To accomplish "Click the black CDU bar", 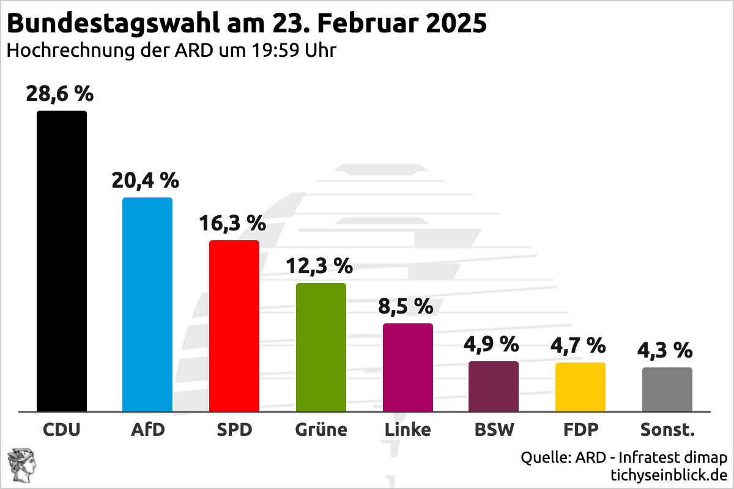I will (62, 261).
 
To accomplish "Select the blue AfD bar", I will (147, 304).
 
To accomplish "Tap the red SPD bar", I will (234, 326).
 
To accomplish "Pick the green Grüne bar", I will (321, 347).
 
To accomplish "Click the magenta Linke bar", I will (408, 367).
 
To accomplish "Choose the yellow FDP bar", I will (580, 387).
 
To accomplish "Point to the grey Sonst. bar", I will (667, 389).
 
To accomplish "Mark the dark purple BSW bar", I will (494, 386).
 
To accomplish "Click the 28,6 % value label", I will (59, 94).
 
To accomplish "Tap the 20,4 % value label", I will (145, 180).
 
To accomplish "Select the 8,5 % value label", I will (406, 306).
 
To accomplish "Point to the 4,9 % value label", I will (491, 344).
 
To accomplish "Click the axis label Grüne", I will (321, 430).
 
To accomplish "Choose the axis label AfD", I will (148, 430).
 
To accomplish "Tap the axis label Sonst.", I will (667, 430).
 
